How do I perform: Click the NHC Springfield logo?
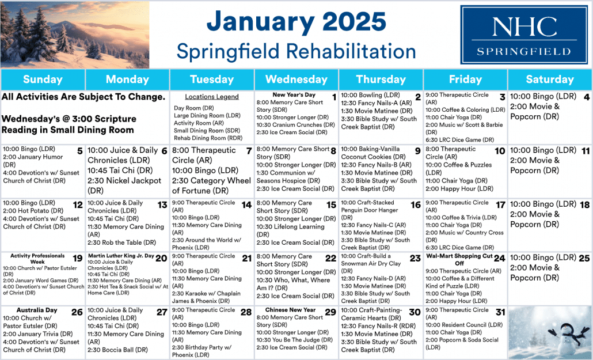(524, 35)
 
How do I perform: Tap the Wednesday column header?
(296, 79)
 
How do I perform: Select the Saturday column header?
(550, 79)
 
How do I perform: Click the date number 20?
(161, 258)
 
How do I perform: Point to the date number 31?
(500, 312)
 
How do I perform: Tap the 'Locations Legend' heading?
(212, 97)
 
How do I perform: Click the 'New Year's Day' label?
(294, 94)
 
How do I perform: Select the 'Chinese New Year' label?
(290, 310)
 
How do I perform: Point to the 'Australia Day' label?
(37, 310)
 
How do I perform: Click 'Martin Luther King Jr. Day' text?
(121, 256)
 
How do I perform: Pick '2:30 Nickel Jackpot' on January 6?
(124, 180)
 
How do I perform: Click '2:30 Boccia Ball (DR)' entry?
(117, 350)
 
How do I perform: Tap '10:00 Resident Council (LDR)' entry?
(464, 325)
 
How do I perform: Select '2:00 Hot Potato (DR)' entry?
(33, 210)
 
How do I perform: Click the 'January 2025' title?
(296, 21)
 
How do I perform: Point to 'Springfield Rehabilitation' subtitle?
(296, 51)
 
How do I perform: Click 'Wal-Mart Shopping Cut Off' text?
(459, 259)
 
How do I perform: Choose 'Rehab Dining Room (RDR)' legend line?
(208, 138)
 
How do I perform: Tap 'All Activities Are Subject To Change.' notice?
(83, 97)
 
